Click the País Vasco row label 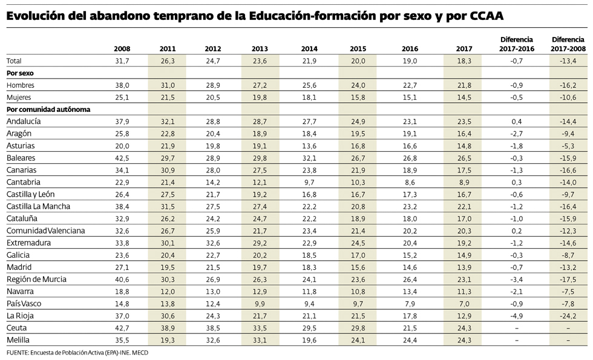[24, 303]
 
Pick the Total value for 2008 [122, 61]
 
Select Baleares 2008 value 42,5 [122, 157]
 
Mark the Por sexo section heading [20, 73]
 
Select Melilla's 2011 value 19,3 [168, 339]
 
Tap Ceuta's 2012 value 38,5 [213, 327]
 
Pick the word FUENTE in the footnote [18, 352]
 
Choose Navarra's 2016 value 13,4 [410, 291]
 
